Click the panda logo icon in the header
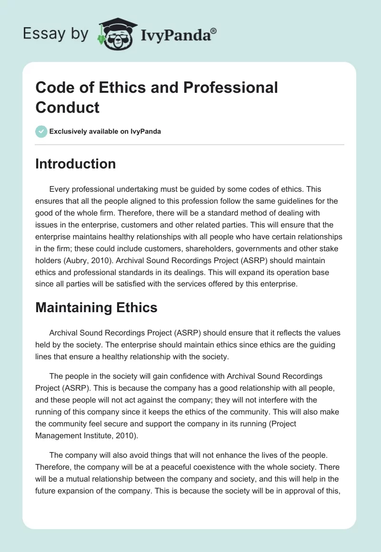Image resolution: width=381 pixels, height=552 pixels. pos(116,33)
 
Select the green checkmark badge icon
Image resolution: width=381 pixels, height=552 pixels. pos(41,131)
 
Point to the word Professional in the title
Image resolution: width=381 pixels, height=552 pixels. pos(231,88)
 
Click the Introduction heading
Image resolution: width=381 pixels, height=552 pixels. pos(76,164)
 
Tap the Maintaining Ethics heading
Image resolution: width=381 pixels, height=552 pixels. pos(96,307)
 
